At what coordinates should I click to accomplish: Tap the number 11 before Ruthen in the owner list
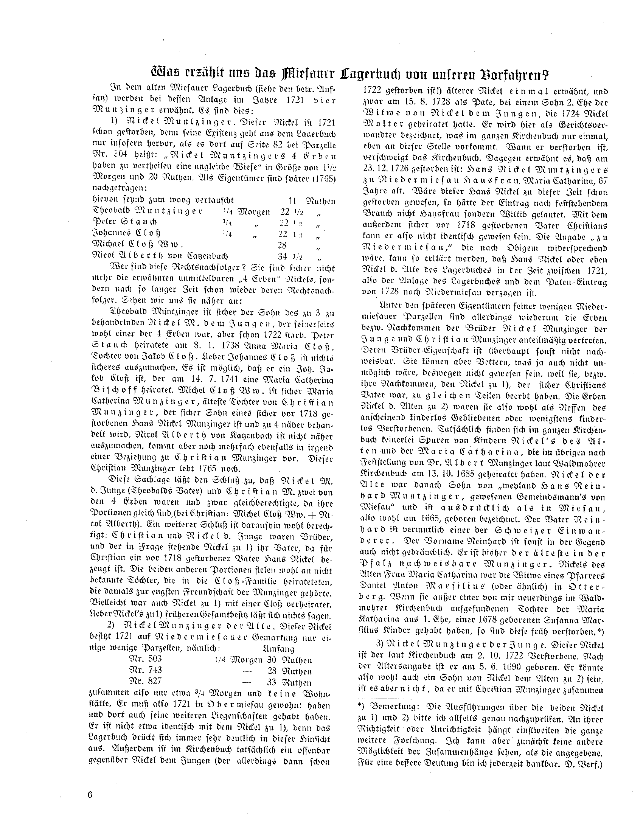(292, 200)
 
